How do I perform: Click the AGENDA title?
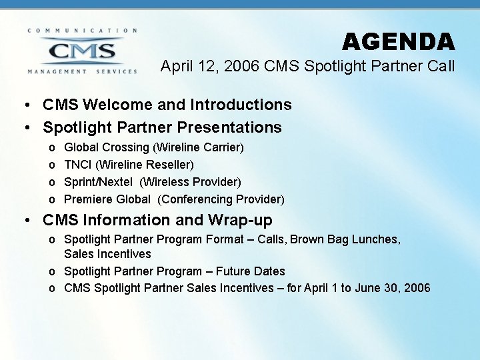coord(399,42)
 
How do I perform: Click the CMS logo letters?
coord(82,51)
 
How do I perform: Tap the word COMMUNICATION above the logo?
coord(82,31)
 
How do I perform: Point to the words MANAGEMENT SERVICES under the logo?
coord(82,71)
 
